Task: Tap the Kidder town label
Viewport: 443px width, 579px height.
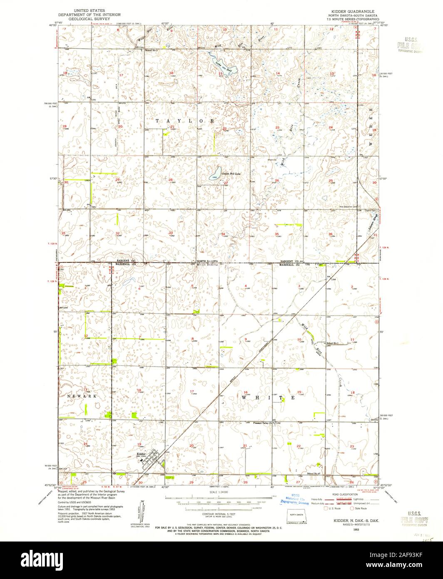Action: (x=141, y=454)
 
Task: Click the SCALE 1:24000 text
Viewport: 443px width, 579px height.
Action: (x=218, y=492)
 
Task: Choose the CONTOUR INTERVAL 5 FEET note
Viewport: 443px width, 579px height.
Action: (x=218, y=515)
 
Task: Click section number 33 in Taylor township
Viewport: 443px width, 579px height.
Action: (x=170, y=232)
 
